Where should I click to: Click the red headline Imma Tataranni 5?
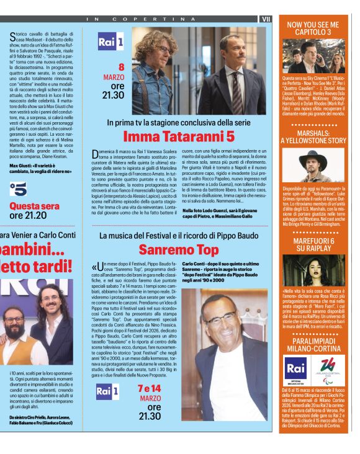click(177, 136)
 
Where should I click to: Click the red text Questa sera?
click(35, 205)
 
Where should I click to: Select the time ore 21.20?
click(28, 215)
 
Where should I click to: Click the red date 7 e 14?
click(149, 388)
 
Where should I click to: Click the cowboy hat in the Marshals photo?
click(313, 156)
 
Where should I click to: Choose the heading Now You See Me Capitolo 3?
click(313, 27)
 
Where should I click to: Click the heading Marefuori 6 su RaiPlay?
click(313, 244)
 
